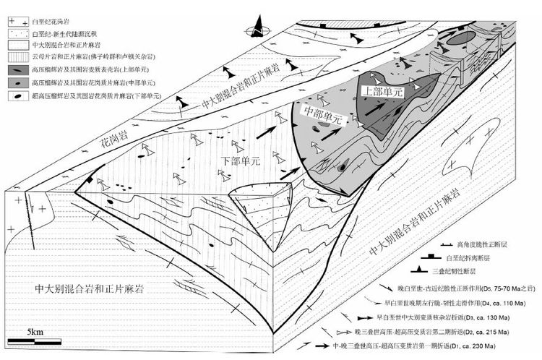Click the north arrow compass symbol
click(258, 30)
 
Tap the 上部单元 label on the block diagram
click(384, 93)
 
